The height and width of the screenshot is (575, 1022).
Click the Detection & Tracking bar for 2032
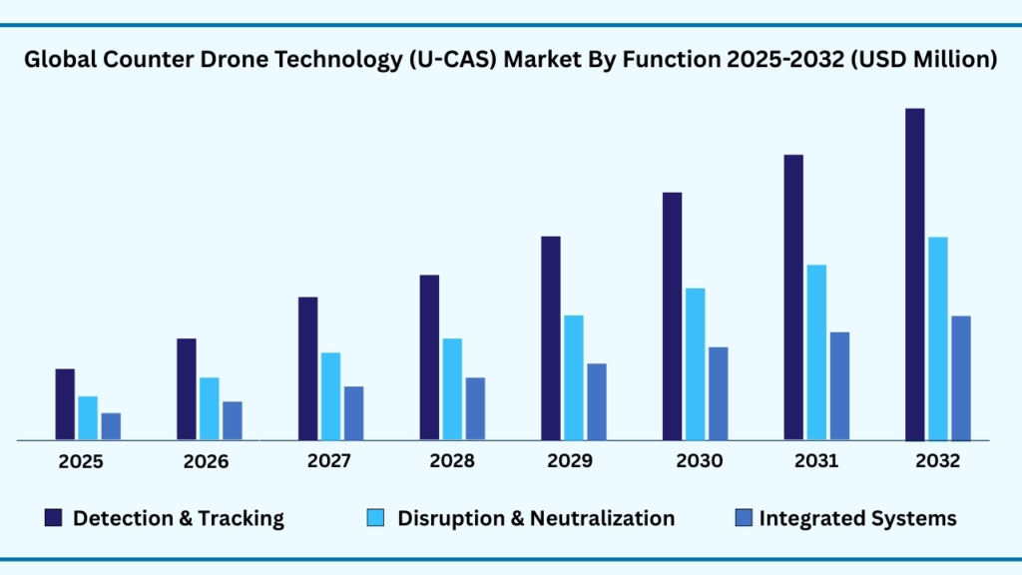pyautogui.click(x=914, y=274)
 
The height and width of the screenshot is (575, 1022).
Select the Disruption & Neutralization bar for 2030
pyautogui.click(x=695, y=363)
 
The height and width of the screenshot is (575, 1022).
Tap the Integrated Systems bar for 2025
pyautogui.click(x=111, y=426)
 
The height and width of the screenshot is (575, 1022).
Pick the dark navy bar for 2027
pyautogui.click(x=307, y=368)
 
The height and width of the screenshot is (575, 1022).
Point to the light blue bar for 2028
pyautogui.click(x=452, y=389)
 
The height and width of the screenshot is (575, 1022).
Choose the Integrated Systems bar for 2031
pyautogui.click(x=839, y=385)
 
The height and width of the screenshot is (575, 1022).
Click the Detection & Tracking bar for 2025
pyautogui.click(x=65, y=404)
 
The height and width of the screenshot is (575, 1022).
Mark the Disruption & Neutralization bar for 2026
pyautogui.click(x=209, y=408)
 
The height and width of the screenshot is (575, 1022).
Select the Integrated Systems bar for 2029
pyautogui.click(x=596, y=401)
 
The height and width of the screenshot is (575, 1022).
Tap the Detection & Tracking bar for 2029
pyautogui.click(x=551, y=337)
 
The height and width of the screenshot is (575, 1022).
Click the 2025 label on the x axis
pyautogui.click(x=80, y=461)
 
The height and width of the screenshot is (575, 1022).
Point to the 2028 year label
pyautogui.click(x=453, y=461)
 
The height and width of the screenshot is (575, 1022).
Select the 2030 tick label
pyautogui.click(x=699, y=461)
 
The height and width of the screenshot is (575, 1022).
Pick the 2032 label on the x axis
pyautogui.click(x=937, y=461)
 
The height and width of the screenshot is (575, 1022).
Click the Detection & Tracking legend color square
pyautogui.click(x=53, y=517)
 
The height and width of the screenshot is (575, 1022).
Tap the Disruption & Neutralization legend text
pyautogui.click(x=536, y=518)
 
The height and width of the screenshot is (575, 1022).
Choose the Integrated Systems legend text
pyautogui.click(x=857, y=518)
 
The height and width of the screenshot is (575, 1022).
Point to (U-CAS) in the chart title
pyautogui.click(x=446, y=60)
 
